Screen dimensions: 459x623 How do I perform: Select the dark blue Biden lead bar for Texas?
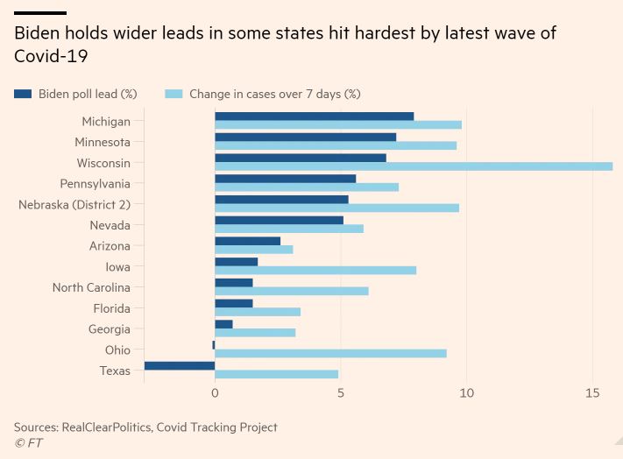180,365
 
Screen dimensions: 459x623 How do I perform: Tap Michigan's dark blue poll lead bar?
314,116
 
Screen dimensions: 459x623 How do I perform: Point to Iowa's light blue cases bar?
315,271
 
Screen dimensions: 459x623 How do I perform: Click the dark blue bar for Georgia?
223,324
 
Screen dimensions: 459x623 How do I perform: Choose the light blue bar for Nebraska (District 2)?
336,208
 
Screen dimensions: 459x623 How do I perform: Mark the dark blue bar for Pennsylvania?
285,178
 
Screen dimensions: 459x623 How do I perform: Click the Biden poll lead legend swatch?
23,94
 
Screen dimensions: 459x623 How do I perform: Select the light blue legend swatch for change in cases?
173,94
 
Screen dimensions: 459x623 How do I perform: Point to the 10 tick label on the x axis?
467,394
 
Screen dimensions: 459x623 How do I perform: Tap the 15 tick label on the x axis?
593,394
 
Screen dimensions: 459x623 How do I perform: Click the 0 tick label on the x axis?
215,394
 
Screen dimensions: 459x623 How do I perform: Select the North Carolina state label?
91,287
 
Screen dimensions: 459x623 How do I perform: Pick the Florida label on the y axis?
111,308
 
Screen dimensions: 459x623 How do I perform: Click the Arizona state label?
110,246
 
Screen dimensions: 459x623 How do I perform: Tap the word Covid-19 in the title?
51,55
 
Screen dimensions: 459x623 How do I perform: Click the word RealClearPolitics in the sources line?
110,427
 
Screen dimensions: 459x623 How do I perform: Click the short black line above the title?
40,13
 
